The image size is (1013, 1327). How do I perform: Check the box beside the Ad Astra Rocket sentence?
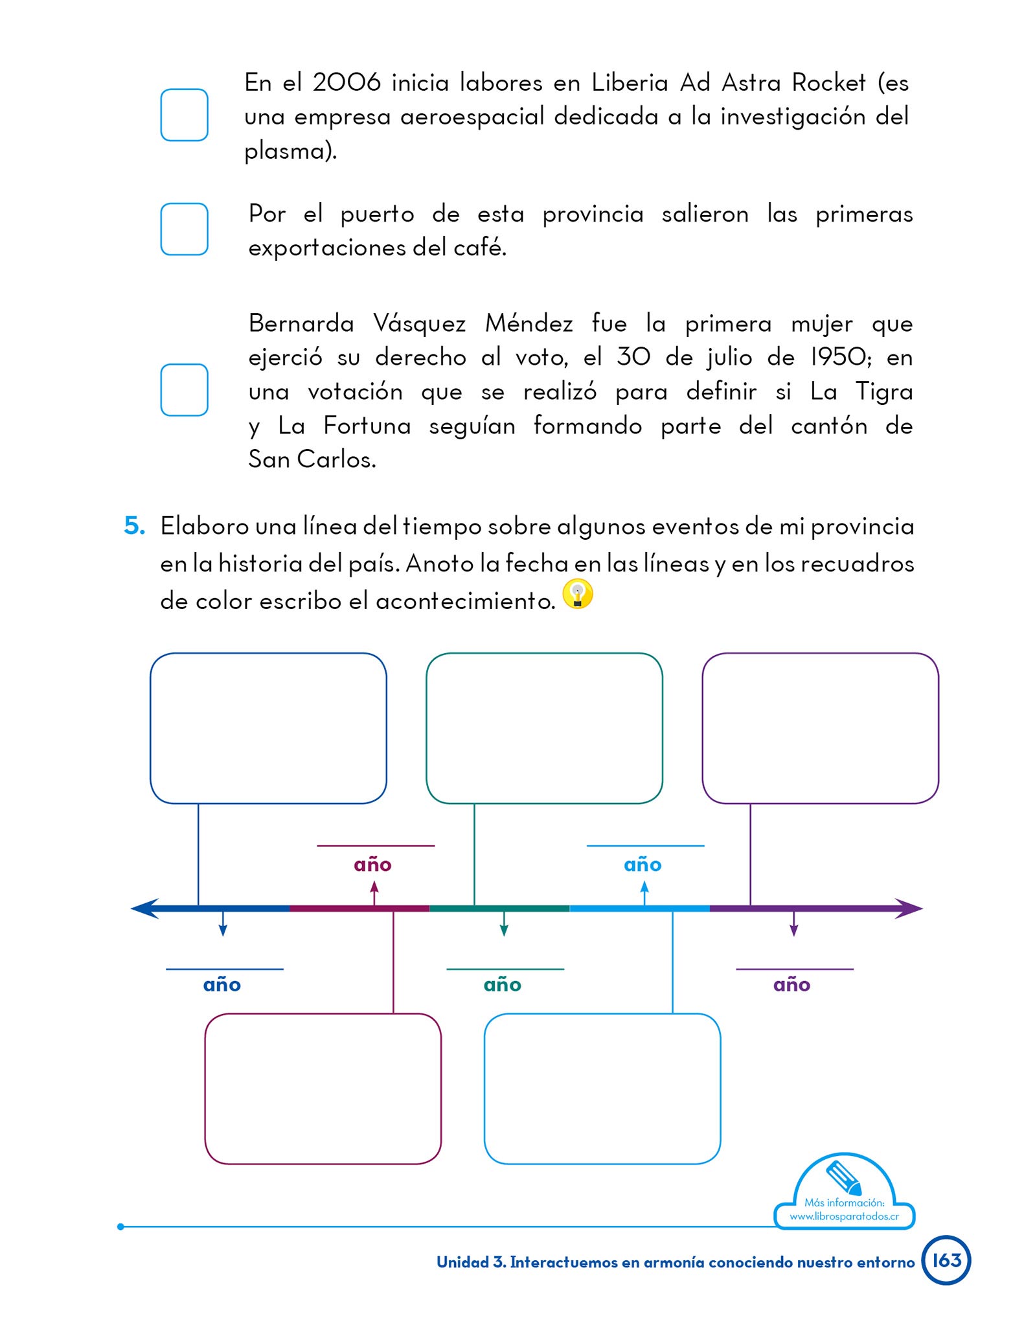tap(184, 115)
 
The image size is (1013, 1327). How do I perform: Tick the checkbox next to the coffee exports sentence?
tap(184, 229)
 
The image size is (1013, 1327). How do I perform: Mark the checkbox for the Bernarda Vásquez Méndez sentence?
tap(184, 389)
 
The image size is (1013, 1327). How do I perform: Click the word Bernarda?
tap(301, 323)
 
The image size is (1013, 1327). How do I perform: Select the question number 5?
tap(134, 525)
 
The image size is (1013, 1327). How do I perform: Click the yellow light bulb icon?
tap(577, 594)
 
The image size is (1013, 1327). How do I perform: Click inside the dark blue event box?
tap(268, 728)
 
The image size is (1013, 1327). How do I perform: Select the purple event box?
tap(820, 728)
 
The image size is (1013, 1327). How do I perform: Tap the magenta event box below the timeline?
tap(323, 1089)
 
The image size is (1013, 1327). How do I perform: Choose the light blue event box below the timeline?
tap(602, 1089)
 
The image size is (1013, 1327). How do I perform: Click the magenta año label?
tap(372, 864)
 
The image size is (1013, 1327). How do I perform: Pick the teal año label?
tap(502, 985)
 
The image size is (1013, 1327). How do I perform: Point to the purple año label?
tap(791, 985)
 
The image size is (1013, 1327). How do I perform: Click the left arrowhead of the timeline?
tap(144, 908)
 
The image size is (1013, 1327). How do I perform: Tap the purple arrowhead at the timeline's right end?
tap(909, 908)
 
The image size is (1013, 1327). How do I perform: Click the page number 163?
tap(946, 1260)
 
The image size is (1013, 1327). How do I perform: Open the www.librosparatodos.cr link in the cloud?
tap(844, 1216)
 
